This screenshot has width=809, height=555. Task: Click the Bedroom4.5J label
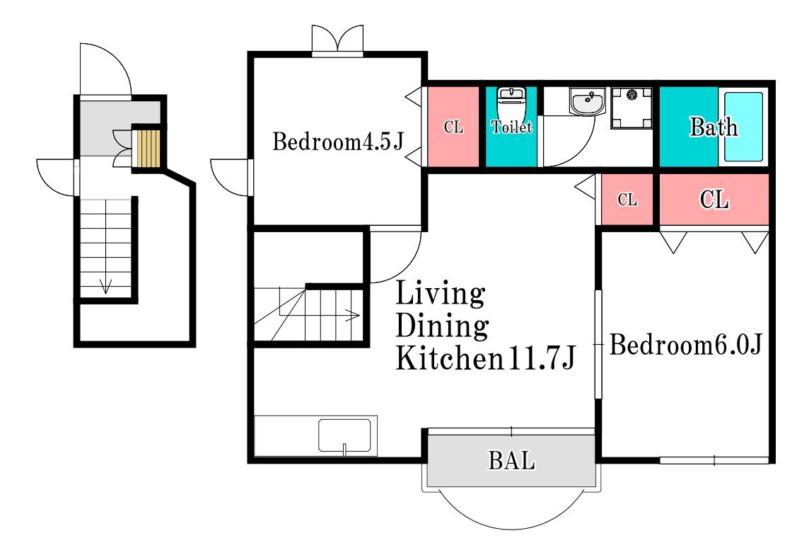coord(338,142)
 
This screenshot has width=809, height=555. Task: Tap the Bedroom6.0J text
coord(686,344)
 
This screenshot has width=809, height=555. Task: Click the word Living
coord(440,294)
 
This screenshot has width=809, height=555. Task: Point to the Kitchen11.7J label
coord(485,357)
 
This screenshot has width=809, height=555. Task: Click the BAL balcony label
coord(511,461)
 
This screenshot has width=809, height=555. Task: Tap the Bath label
coord(714,127)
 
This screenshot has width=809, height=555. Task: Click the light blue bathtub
coord(743,127)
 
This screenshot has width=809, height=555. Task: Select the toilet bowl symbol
coord(511,103)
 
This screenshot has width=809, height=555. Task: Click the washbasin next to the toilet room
coord(587,101)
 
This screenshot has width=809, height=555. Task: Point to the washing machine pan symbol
coord(632,108)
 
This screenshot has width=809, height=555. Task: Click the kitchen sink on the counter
coord(344,436)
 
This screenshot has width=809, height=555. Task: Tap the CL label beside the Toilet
coord(453,127)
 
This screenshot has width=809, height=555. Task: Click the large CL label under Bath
coord(714,200)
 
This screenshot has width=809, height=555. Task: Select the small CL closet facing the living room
coord(627,200)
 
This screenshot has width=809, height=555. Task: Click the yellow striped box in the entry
coord(148,148)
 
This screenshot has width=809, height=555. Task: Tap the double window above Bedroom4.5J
coord(337,40)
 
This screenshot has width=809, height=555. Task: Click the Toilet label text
coord(511,127)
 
